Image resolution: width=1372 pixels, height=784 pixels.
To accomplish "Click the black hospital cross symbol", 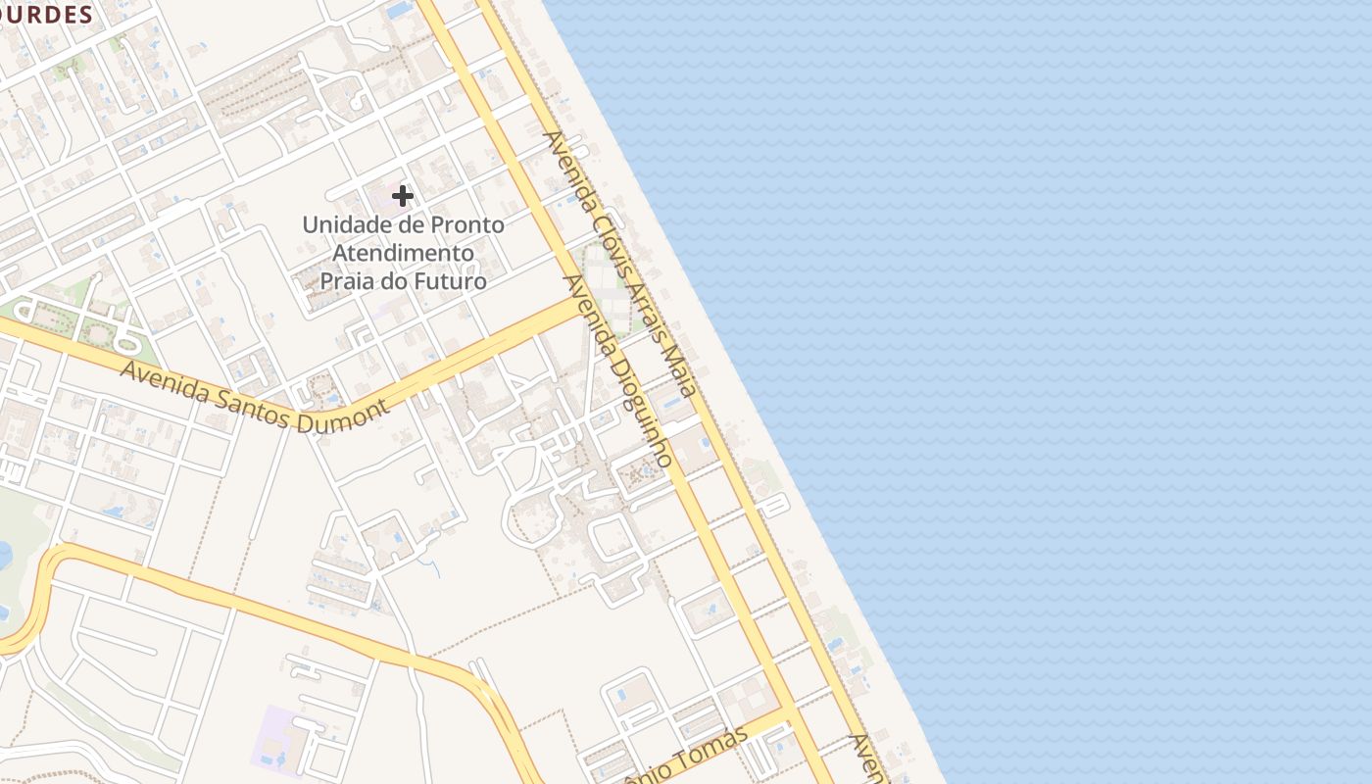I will [x=402, y=196].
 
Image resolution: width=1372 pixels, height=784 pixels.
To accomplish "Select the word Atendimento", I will [x=404, y=253].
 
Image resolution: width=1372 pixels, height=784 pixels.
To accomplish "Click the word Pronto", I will [x=466, y=224].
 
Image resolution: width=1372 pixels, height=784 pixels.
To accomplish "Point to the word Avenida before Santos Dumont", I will [x=165, y=382].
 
